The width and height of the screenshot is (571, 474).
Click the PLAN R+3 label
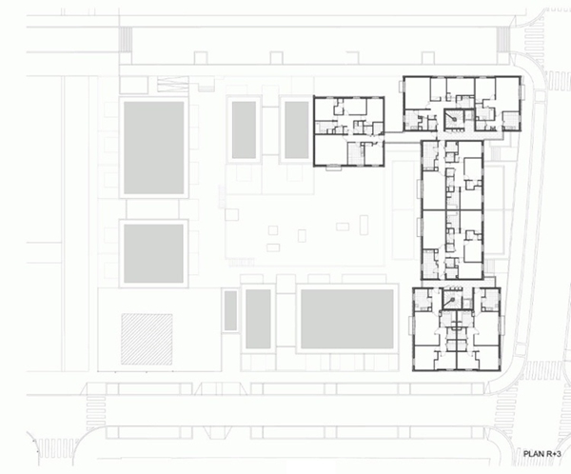(x=541, y=454)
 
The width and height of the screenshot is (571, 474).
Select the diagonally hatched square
(x=147, y=339)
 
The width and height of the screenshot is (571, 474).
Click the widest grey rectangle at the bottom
(x=347, y=319)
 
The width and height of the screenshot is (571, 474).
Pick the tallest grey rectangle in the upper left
(x=153, y=148)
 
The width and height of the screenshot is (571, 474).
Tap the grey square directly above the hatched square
(x=153, y=253)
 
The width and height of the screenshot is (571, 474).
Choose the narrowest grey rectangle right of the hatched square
(x=230, y=311)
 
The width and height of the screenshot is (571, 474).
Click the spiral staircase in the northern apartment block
(x=453, y=119)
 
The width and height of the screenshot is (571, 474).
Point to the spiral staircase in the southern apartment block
(x=452, y=300)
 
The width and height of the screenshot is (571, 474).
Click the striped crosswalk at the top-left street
(x=126, y=39)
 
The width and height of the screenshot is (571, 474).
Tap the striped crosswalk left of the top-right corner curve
(x=503, y=39)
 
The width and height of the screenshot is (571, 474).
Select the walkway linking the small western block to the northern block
(x=394, y=137)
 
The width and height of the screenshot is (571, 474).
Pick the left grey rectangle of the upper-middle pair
(x=244, y=130)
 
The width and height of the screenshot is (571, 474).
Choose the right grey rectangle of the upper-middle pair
(x=296, y=130)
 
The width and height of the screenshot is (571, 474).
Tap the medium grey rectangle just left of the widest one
(x=258, y=319)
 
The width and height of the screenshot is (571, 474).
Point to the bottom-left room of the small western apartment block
(x=330, y=150)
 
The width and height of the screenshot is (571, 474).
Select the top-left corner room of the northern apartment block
(x=418, y=93)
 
